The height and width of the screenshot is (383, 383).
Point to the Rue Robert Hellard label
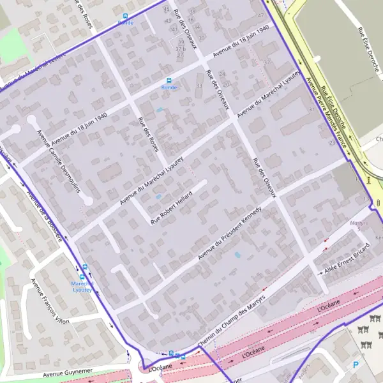pyautogui.click(x=172, y=206)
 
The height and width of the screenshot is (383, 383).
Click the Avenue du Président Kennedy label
pyautogui.click(x=229, y=233)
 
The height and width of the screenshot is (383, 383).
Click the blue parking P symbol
pyautogui.click(x=356, y=364)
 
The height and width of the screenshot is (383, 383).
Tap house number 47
pyautogui.click(x=260, y=15)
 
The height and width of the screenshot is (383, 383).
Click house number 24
pyautogui.click(x=223, y=75)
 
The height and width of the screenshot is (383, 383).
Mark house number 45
pyautogui.click(x=167, y=10)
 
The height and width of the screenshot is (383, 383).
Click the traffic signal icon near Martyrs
pyautogui.click(x=379, y=202)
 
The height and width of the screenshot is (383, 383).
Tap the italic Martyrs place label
pyautogui.click(x=359, y=223)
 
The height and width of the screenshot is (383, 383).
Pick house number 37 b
pyautogui.click(x=180, y=49)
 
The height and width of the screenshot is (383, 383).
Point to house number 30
pyautogui.click(x=201, y=38)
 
